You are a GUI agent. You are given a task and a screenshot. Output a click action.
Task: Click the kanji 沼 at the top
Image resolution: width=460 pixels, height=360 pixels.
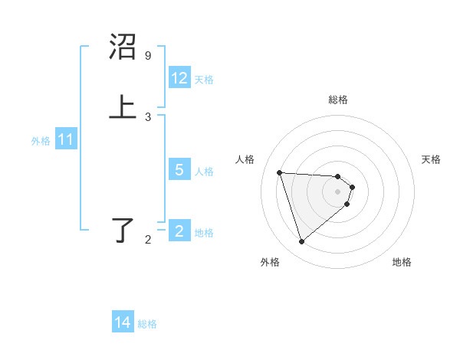[123, 47]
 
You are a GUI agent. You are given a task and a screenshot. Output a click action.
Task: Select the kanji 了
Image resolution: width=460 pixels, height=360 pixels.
[123, 231]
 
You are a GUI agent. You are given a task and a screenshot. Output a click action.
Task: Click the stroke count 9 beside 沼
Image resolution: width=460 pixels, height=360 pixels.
[148, 56]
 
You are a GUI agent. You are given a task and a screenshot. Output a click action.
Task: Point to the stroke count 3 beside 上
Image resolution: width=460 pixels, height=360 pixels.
[148, 116]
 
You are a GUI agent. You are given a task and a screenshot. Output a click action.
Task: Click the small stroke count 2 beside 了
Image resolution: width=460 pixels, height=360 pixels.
[148, 240]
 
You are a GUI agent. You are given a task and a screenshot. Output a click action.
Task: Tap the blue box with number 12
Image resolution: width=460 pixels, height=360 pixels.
[179, 78]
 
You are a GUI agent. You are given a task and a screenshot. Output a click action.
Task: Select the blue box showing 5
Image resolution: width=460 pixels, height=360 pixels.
[179, 170]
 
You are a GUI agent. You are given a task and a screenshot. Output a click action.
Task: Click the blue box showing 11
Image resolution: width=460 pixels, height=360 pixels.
[66, 139]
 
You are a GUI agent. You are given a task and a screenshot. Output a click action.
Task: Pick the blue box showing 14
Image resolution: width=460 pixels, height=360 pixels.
[123, 322]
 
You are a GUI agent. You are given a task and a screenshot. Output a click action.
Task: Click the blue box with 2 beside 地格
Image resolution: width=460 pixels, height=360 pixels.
[179, 231]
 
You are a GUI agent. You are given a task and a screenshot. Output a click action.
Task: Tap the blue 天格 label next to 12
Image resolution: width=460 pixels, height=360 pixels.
[204, 80]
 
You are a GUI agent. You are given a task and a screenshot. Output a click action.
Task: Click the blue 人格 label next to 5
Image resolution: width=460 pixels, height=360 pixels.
[204, 172]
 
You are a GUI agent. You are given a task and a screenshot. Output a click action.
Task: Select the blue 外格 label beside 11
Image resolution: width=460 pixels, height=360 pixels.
[41, 141]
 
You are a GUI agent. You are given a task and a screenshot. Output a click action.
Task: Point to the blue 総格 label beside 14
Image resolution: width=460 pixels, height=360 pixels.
[147, 324]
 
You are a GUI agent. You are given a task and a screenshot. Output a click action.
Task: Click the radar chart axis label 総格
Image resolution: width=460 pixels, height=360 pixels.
[338, 100]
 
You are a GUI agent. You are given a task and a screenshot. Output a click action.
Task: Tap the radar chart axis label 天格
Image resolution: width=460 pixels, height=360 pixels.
[431, 159]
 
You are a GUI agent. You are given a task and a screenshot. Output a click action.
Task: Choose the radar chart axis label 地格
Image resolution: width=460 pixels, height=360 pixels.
[402, 262]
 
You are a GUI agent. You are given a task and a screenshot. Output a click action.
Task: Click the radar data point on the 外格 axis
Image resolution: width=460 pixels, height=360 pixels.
[301, 242]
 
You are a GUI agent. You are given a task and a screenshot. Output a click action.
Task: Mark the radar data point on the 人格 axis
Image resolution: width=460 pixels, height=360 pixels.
[280, 172]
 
